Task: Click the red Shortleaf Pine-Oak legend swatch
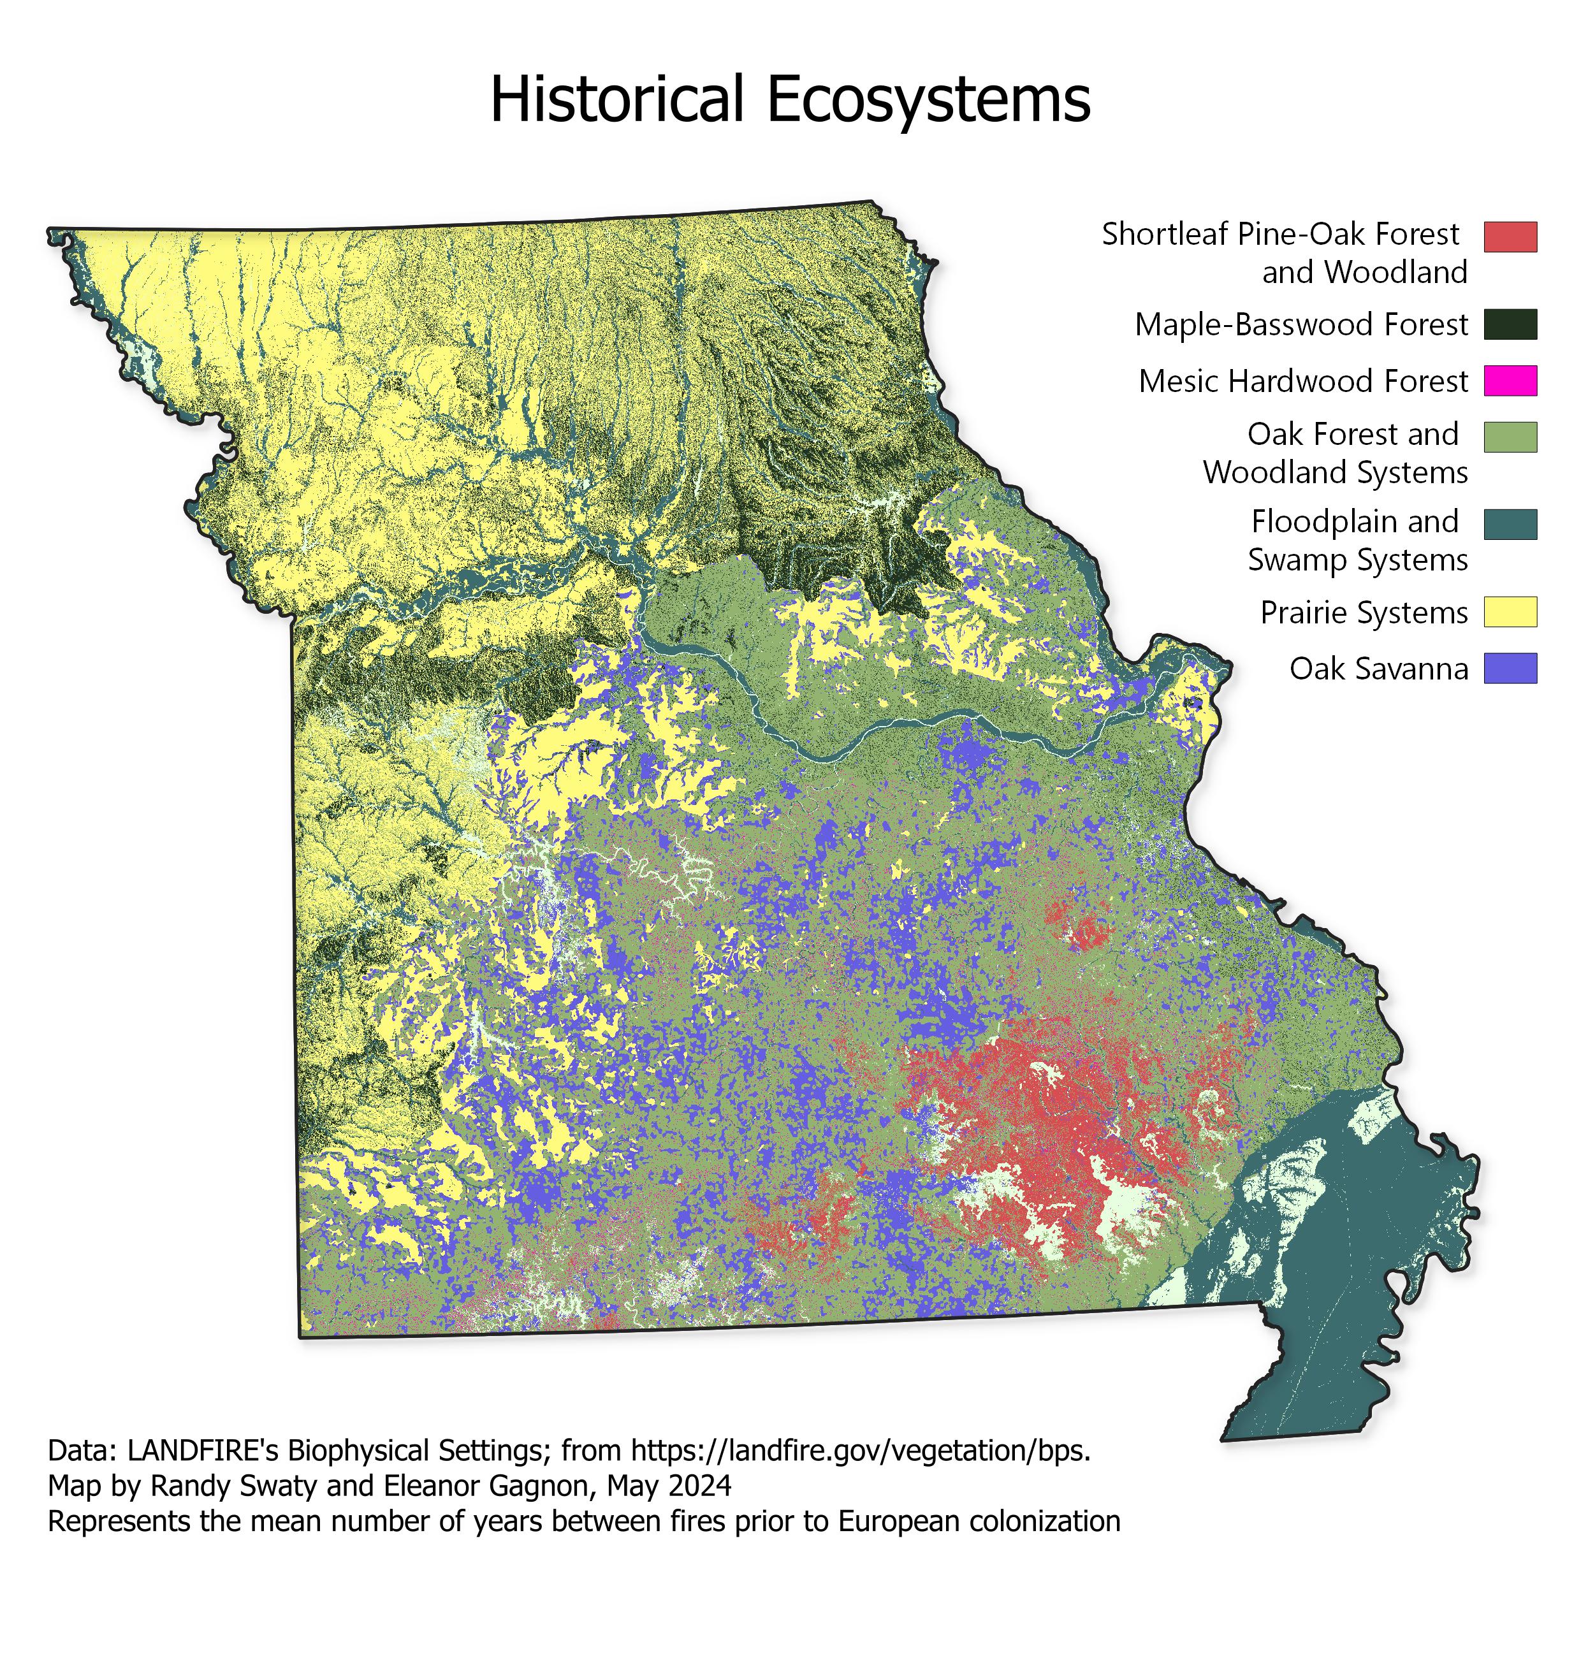1510,237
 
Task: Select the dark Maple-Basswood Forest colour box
1510,324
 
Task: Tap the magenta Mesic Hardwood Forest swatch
1510,381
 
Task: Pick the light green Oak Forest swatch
1510,437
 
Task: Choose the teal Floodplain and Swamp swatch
1510,524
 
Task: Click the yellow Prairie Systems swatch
1510,612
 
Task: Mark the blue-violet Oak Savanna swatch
1510,668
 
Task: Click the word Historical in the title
617,99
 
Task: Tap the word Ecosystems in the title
929,99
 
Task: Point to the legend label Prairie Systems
1364,613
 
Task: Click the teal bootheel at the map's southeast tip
1315,1382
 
